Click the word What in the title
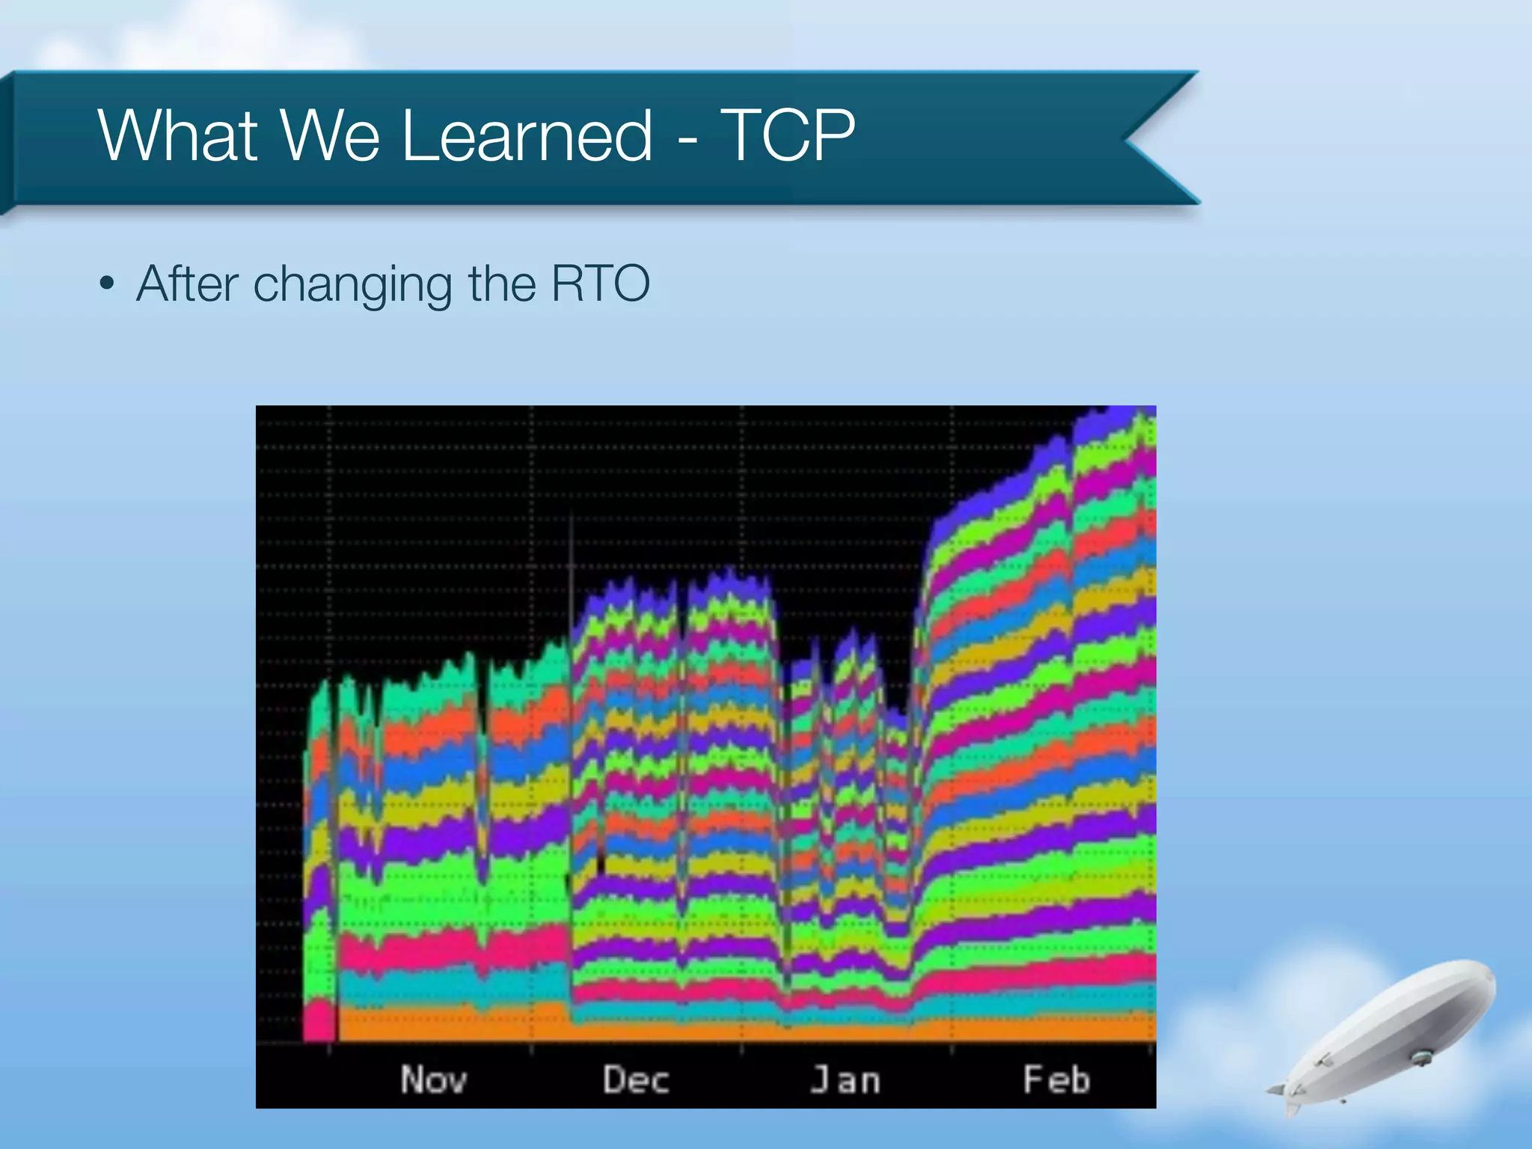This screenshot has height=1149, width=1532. pyautogui.click(x=178, y=135)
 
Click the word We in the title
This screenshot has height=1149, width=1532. pyautogui.click(x=329, y=135)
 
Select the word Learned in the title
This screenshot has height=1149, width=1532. pyautogui.click(x=527, y=135)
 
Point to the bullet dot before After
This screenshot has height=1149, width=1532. pyautogui.click(x=108, y=285)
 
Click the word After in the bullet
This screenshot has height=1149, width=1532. pyautogui.click(x=188, y=284)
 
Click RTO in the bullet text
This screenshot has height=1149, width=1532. pyautogui.click(x=600, y=284)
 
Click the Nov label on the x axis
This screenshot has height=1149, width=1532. pyautogui.click(x=434, y=1080)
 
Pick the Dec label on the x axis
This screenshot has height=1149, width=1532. pyautogui.click(x=636, y=1080)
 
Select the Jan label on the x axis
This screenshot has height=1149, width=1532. pyautogui.click(x=845, y=1080)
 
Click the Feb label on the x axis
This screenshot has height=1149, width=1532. pyautogui.click(x=1056, y=1080)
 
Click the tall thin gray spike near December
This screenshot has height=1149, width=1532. pyautogui.click(x=572, y=569)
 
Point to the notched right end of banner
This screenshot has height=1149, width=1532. pyautogui.click(x=1152, y=138)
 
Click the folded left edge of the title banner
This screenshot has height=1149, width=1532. pyautogui.click(x=7, y=142)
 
